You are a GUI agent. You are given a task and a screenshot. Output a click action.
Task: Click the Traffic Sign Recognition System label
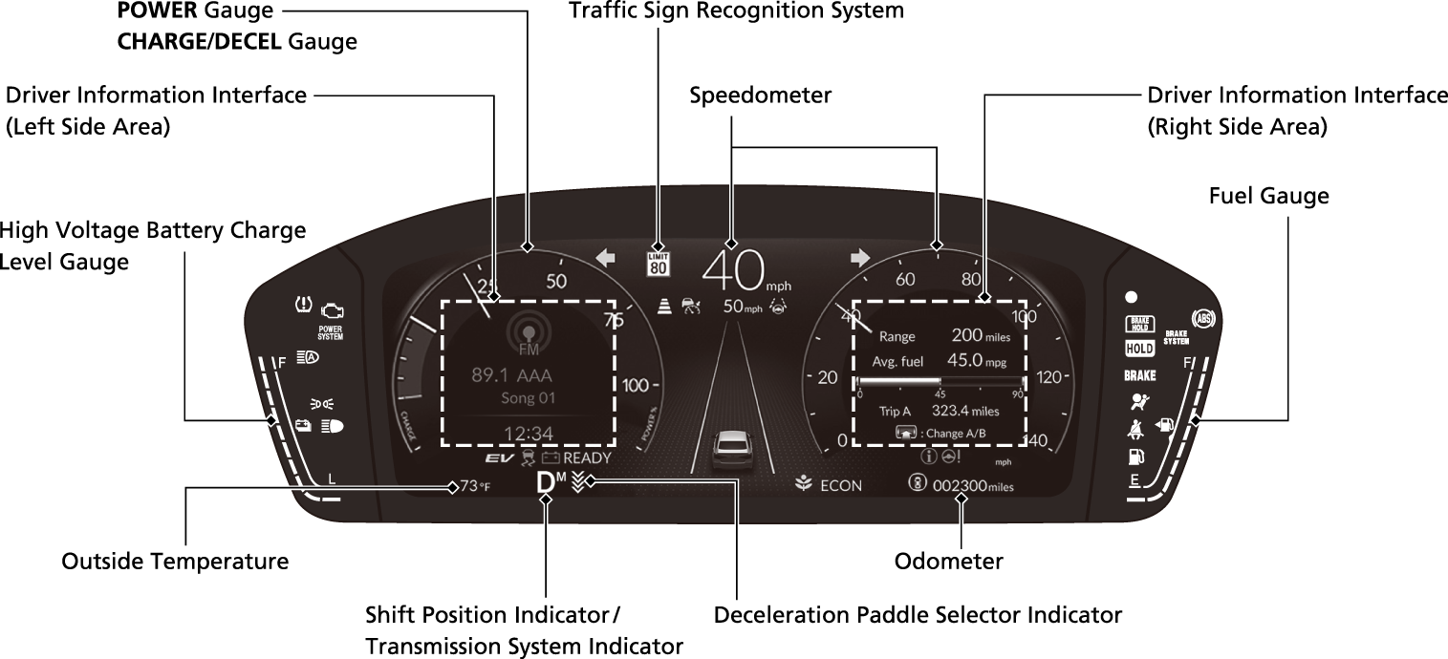coord(735,11)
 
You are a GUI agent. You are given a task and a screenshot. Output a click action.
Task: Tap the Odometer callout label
coord(948,561)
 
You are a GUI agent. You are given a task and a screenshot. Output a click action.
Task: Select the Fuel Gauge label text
coord(1268,196)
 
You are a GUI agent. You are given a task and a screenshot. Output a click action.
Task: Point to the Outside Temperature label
coord(175,561)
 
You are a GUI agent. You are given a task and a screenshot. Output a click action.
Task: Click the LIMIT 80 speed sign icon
coord(658,263)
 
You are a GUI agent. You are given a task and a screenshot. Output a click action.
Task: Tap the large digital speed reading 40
coord(732,269)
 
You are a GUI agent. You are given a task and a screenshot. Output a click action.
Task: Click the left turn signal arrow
coord(604,257)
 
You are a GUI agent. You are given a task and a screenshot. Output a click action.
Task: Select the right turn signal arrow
coord(860,257)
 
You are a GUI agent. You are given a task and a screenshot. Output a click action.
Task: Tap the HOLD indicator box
coord(1139,350)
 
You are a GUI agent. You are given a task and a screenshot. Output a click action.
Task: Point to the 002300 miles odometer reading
coord(972,485)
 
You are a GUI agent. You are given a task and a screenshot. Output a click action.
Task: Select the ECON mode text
coord(840,485)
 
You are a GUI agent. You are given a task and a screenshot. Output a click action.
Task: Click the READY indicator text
coord(587,457)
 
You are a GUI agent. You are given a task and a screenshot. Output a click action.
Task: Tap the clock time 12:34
coord(529,435)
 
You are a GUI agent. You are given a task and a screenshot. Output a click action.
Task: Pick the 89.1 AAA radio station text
coord(512,375)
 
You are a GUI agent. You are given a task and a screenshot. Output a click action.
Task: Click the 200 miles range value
coord(981,335)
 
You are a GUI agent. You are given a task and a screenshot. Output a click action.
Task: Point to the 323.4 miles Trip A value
coord(965,411)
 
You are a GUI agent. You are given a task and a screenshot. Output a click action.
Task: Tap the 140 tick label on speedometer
coord(1036,441)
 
